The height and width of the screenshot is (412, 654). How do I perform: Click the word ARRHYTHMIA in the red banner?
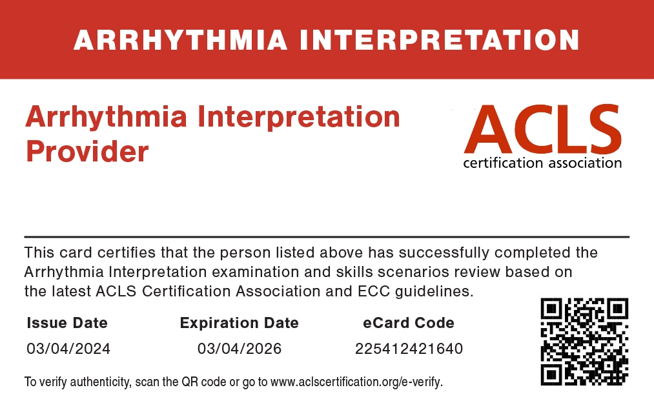coord(181,40)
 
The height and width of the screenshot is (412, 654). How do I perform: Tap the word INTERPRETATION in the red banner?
coord(440,40)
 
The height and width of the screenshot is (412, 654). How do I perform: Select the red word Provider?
coord(87,151)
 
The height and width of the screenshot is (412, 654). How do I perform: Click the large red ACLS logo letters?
coord(543,129)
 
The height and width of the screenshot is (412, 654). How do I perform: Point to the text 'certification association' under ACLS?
coord(542,163)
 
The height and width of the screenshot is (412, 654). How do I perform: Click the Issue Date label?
coord(67,323)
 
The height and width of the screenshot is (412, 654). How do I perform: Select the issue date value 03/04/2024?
coord(68,349)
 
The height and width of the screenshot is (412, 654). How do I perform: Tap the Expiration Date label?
coord(240,323)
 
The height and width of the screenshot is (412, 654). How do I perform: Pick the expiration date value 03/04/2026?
coord(240,349)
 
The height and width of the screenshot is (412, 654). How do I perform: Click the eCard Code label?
coord(409,323)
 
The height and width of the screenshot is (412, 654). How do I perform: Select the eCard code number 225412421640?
coord(409,349)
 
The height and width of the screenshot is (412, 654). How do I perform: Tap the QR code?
coord(584,342)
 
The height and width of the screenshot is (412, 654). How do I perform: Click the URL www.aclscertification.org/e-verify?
coord(356,382)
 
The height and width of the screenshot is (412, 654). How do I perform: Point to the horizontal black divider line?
coord(327,237)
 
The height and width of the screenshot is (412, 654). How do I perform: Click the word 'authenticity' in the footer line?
coord(100,382)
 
